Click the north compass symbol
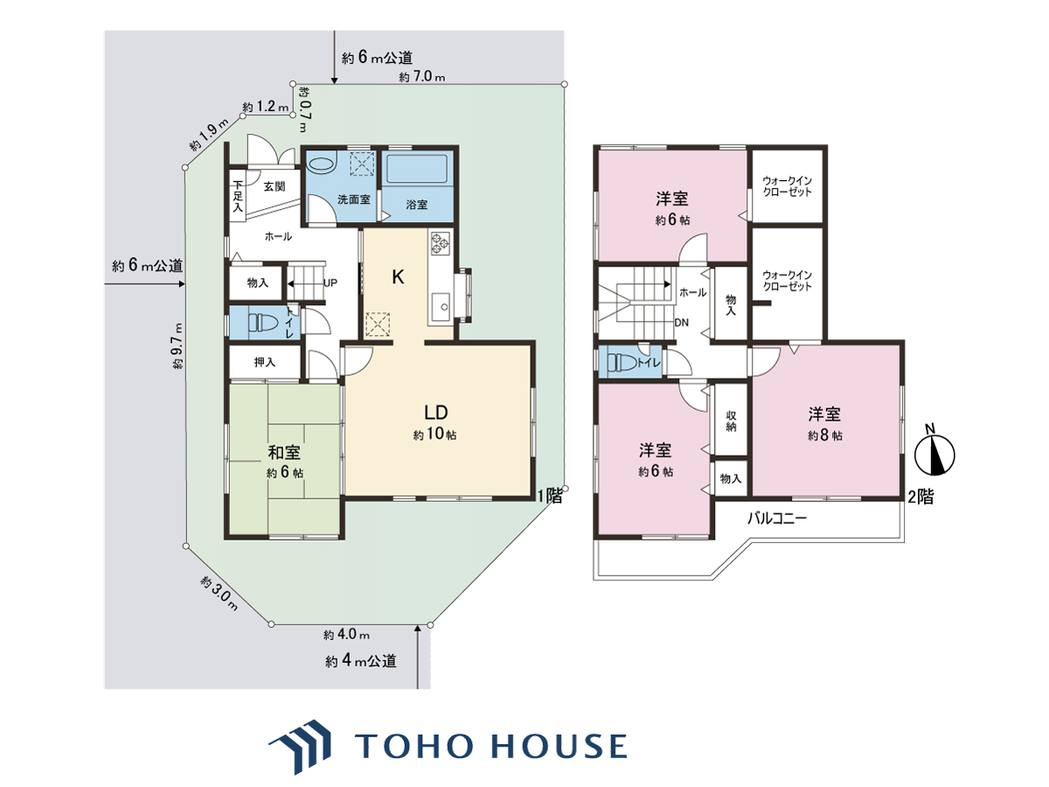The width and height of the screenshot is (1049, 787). click(934, 450)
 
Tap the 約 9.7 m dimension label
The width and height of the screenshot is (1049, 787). click(177, 346)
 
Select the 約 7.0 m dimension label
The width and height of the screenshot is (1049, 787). click(422, 76)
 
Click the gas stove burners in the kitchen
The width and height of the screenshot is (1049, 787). click(441, 243)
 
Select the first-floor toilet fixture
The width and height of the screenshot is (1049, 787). click(263, 322)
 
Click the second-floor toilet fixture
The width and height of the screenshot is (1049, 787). click(622, 363)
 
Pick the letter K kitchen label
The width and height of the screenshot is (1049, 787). click(398, 277)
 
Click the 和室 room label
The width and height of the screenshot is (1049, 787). click(284, 452)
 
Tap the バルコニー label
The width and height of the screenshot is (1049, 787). click(777, 518)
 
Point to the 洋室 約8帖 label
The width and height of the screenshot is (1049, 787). click(824, 424)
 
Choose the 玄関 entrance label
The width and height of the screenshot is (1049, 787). click(274, 187)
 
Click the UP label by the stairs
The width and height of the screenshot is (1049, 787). click(330, 282)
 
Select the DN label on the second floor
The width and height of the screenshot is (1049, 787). click(681, 323)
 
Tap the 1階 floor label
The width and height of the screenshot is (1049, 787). click(550, 496)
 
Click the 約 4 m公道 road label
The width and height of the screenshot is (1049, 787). click(361, 660)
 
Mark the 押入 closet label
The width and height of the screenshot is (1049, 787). click(264, 362)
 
